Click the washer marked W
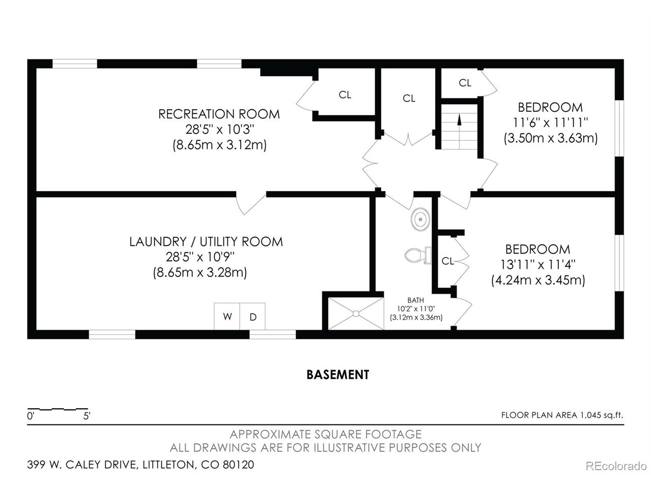pos(227,316)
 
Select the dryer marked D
pos(252,316)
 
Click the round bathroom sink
pos(420,219)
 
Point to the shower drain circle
pos(356,314)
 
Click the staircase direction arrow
pos(459,131)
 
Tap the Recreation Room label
pos(219,114)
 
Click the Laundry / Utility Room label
pos(206,242)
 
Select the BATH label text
pos(416,300)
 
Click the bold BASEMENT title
pos(338,375)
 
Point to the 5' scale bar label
pos(86,416)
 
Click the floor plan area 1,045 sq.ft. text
pos(563,415)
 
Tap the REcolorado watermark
pos(616,466)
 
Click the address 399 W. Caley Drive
pos(81,464)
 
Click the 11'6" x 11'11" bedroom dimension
pos(550,123)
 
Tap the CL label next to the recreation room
pos(345,95)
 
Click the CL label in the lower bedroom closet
pos(448,261)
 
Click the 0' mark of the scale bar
pos(31,416)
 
